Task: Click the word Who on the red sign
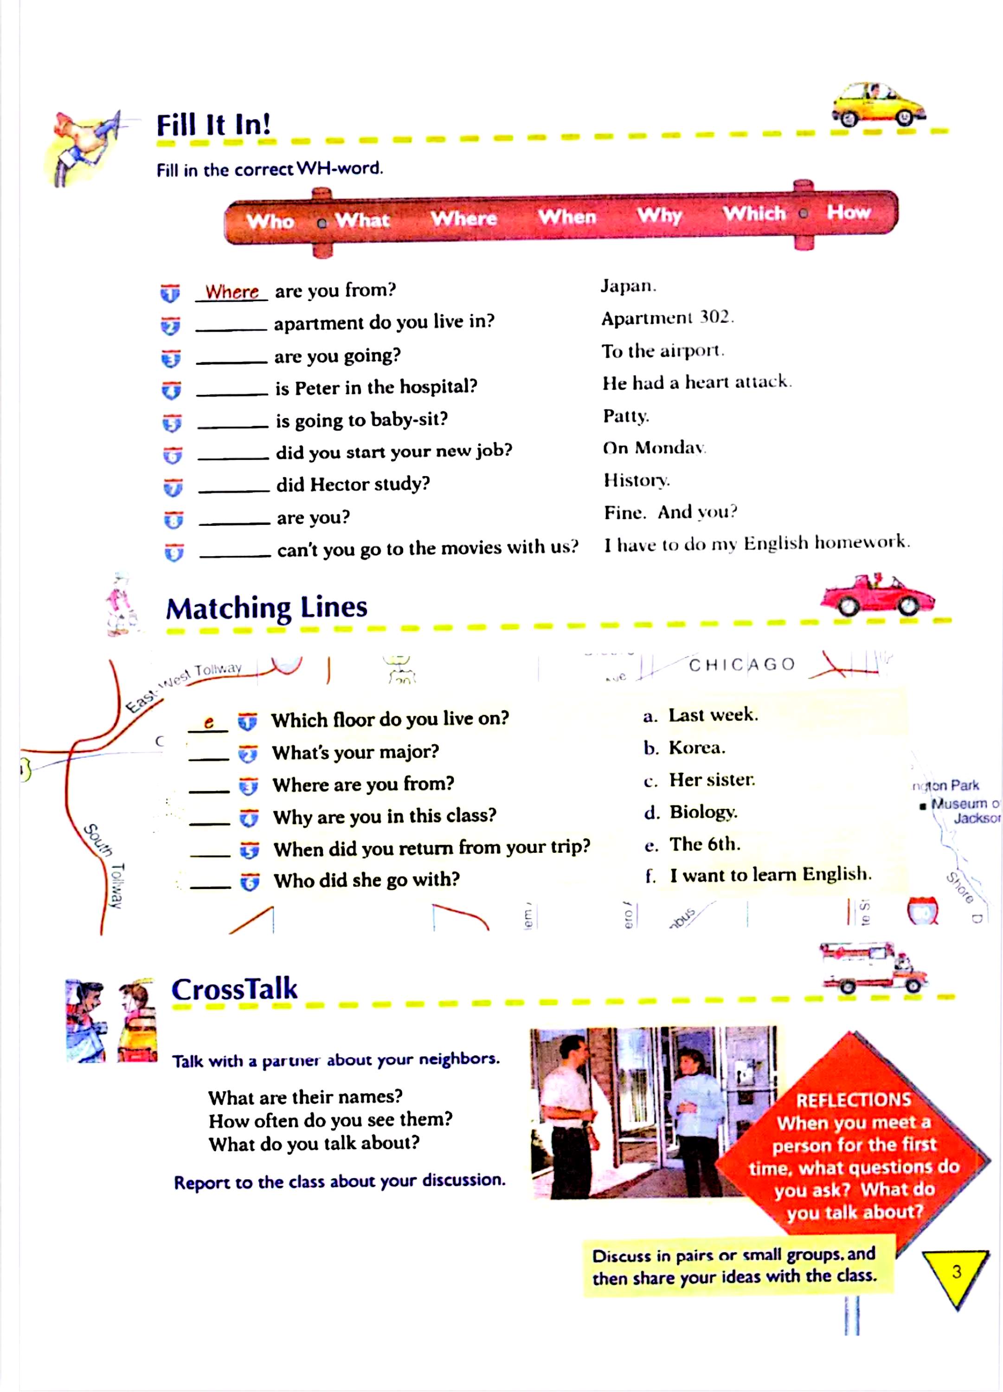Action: [x=270, y=221]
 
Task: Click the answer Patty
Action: [x=625, y=416]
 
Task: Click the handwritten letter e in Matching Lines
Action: [x=209, y=722]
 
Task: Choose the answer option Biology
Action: [x=703, y=812]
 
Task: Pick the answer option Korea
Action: [x=697, y=748]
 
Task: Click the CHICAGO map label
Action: [x=741, y=665]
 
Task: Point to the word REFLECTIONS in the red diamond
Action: [x=853, y=1099]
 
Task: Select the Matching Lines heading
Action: [x=266, y=608]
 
